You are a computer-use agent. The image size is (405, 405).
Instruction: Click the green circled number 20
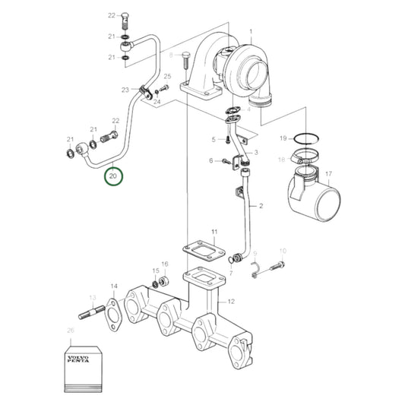[x=113, y=176]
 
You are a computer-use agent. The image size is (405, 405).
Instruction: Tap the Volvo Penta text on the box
[x=79, y=358]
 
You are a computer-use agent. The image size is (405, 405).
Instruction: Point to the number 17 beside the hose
[x=328, y=174]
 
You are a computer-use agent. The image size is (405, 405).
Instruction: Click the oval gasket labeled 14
[x=115, y=312]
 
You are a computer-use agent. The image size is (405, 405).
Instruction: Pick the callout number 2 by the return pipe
[x=260, y=206]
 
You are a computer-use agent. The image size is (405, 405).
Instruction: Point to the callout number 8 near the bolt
[x=172, y=55]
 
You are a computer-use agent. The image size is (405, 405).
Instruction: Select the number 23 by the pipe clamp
[x=125, y=90]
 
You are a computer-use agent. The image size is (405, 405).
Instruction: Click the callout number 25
[x=167, y=77]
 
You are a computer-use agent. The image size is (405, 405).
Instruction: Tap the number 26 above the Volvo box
[x=71, y=330]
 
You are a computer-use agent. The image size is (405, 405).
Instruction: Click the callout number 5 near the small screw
[x=214, y=139]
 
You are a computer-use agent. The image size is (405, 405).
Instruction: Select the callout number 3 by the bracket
[x=256, y=153]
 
